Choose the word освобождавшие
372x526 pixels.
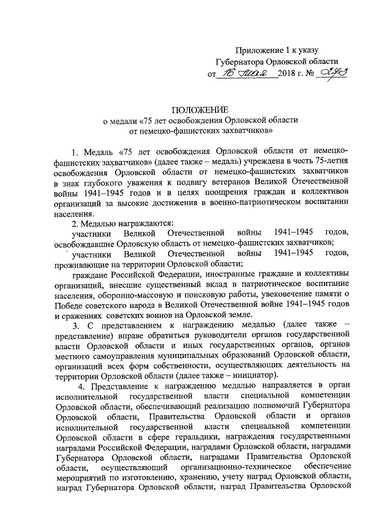(85, 244)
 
